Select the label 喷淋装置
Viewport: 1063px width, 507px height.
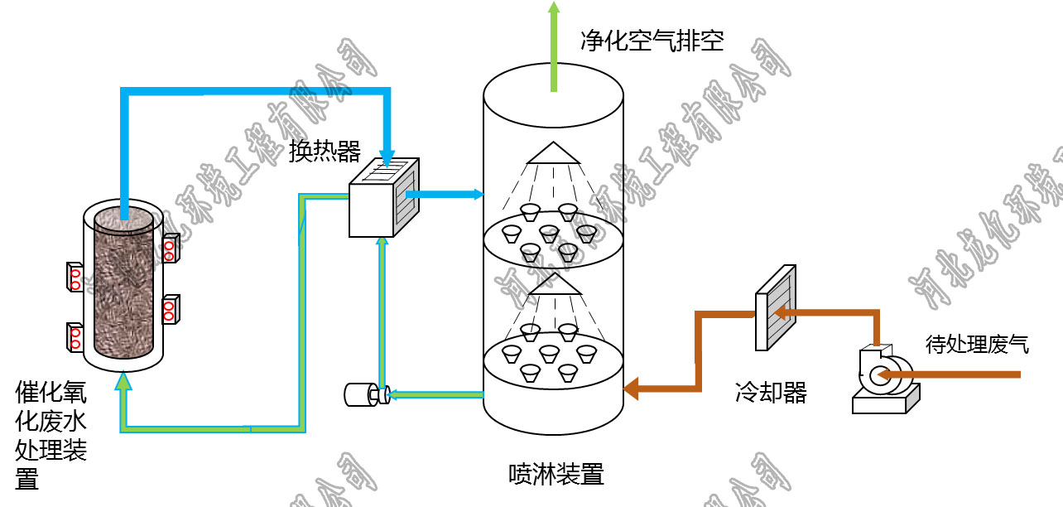pos(556,474)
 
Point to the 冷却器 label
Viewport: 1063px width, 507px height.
pos(770,392)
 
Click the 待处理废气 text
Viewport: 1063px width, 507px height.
pos(977,344)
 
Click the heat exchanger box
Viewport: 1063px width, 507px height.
pos(382,199)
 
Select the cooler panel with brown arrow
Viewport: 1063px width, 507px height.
pos(776,307)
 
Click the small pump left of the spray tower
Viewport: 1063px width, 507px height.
pos(364,394)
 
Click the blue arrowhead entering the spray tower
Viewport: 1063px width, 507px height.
pos(476,195)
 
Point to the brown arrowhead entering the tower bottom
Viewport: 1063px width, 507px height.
pos(631,387)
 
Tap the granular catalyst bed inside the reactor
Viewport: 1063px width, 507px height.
pos(124,282)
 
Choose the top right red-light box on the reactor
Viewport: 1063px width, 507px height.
pos(171,248)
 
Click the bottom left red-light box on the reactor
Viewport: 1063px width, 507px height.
pos(75,336)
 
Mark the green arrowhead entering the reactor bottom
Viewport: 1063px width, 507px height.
pos(124,381)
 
